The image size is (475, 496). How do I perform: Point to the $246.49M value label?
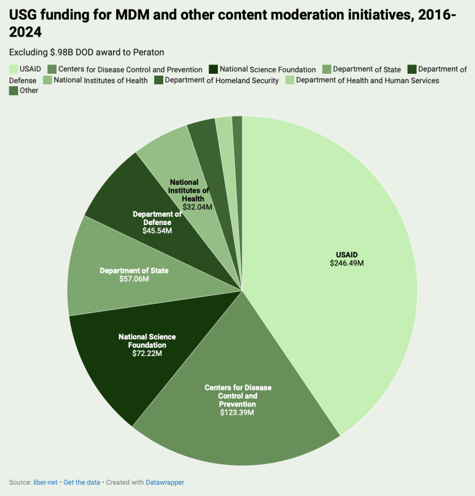click(346, 263)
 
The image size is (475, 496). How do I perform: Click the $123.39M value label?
click(238, 412)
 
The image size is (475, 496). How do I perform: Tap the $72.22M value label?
click(147, 353)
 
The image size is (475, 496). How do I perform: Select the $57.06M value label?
click(134, 279)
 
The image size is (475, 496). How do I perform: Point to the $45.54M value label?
click(157, 231)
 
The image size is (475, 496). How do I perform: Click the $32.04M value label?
click(197, 206)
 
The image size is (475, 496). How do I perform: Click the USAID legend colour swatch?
click(13, 69)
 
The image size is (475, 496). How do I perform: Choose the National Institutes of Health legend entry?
click(100, 80)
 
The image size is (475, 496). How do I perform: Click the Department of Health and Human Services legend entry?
click(367, 80)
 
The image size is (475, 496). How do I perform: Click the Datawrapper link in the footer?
click(165, 482)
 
